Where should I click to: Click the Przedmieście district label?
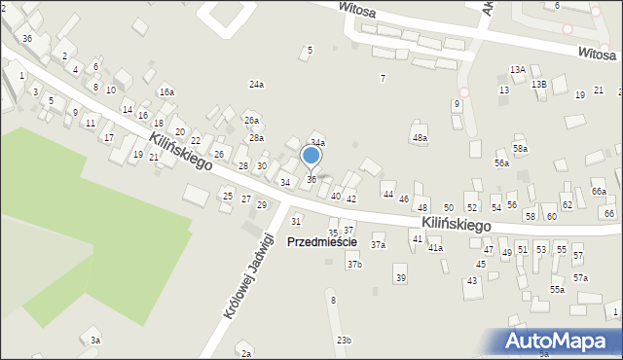[321, 241]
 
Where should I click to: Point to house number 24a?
[256, 86]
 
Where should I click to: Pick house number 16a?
[167, 92]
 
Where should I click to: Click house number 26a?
[251, 121]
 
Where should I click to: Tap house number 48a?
[420, 138]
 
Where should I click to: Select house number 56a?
[501, 163]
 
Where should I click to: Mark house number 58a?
[521, 149]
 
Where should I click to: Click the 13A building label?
[518, 70]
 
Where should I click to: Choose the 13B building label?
[539, 85]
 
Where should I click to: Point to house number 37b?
[354, 265]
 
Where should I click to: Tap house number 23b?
[344, 340]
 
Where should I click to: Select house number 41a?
[435, 248]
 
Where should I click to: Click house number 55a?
[557, 290]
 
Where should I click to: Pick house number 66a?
[598, 193]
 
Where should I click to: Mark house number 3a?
[94, 341]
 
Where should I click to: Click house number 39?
[400, 278]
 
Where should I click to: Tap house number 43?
[472, 281]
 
